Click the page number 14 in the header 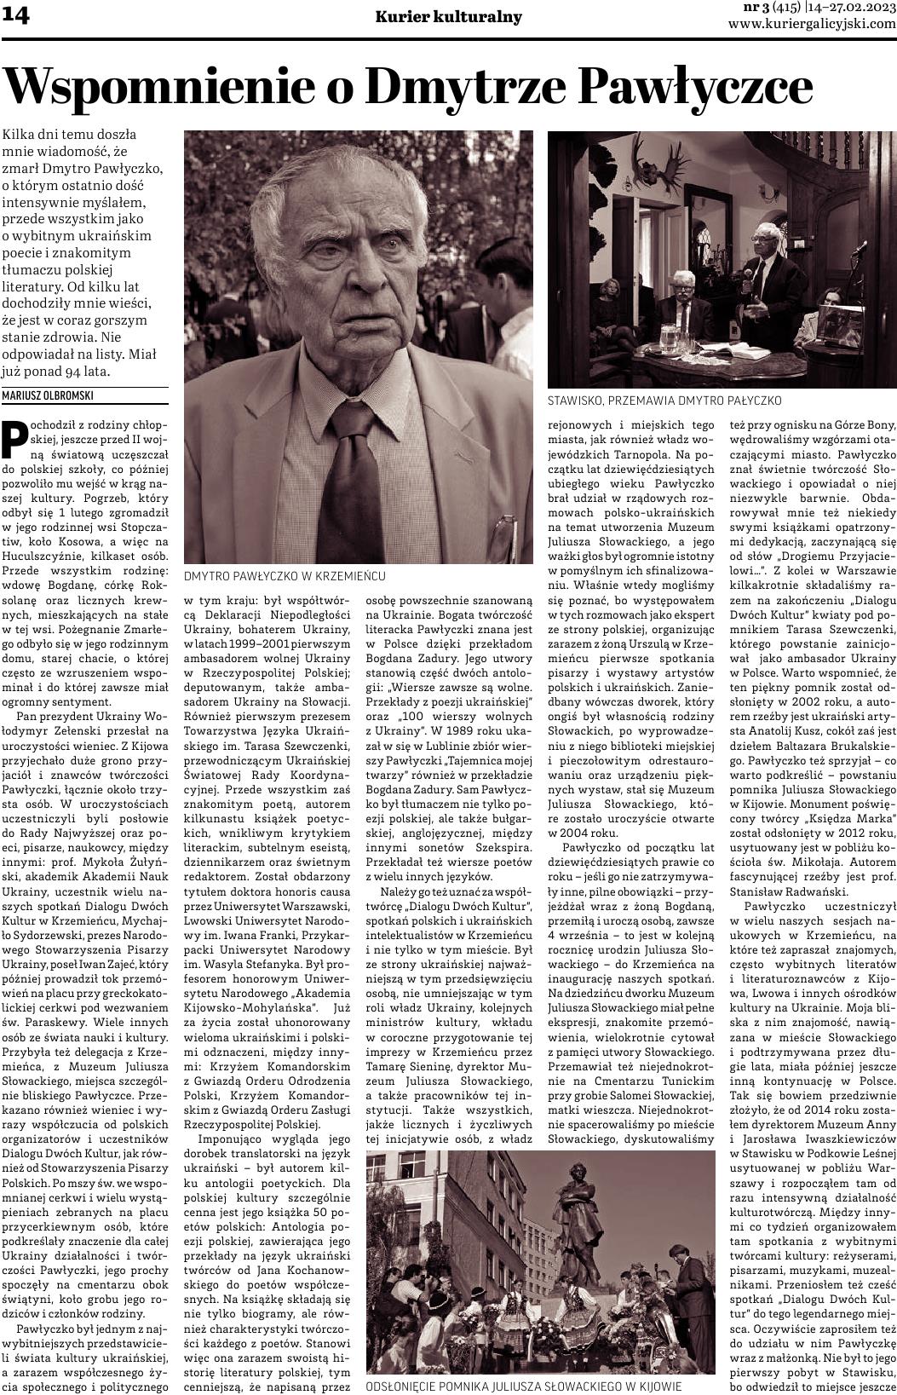16,16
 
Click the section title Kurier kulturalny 449,17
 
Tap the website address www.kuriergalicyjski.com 812,24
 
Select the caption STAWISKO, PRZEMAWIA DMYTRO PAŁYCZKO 664,400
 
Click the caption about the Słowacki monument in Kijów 523,1386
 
